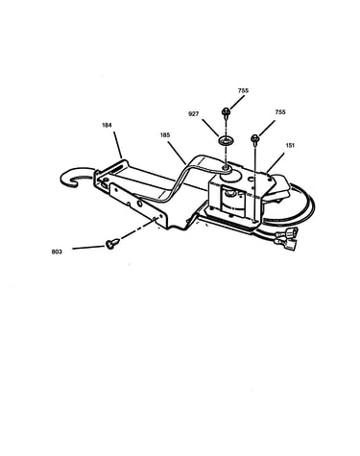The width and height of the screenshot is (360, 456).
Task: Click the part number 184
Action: (107, 125)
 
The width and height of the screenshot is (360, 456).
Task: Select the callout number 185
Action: (165, 135)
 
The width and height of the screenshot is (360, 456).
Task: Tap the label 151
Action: (290, 145)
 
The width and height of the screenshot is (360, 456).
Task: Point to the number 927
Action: (194, 113)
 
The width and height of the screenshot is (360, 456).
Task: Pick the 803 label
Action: (57, 252)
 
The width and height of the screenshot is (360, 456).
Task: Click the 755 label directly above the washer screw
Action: (243, 90)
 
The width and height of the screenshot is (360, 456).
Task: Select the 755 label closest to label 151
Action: (280, 112)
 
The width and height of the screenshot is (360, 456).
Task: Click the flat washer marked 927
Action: (226, 140)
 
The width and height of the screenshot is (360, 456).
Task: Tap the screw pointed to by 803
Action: (112, 244)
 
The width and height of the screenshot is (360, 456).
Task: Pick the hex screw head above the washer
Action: (226, 111)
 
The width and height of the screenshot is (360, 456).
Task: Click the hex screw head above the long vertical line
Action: (254, 138)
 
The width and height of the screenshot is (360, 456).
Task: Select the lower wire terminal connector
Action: (287, 245)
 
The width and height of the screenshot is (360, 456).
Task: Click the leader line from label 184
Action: (118, 145)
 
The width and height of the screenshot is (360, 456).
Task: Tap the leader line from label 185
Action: (177, 153)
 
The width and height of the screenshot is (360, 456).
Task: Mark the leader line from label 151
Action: (275, 162)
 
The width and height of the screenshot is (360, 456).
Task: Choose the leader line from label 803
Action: (89, 247)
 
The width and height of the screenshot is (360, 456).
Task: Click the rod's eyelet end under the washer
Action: (228, 168)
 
